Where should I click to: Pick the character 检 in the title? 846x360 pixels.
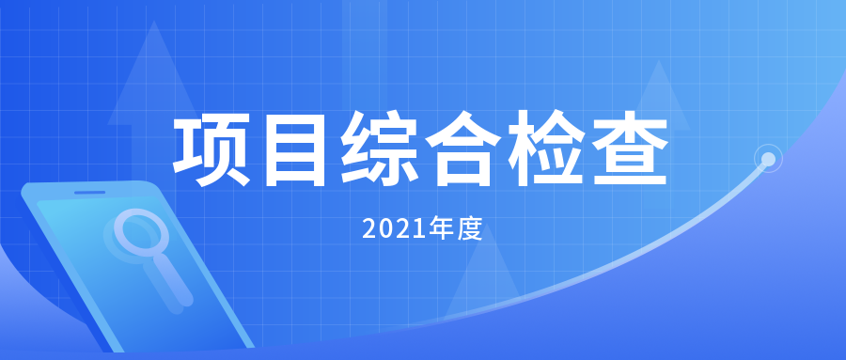pyautogui.click(x=549, y=149)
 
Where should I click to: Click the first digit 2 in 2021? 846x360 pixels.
pyautogui.click(x=369, y=228)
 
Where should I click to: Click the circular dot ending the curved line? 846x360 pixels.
pyautogui.click(x=768, y=160)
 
